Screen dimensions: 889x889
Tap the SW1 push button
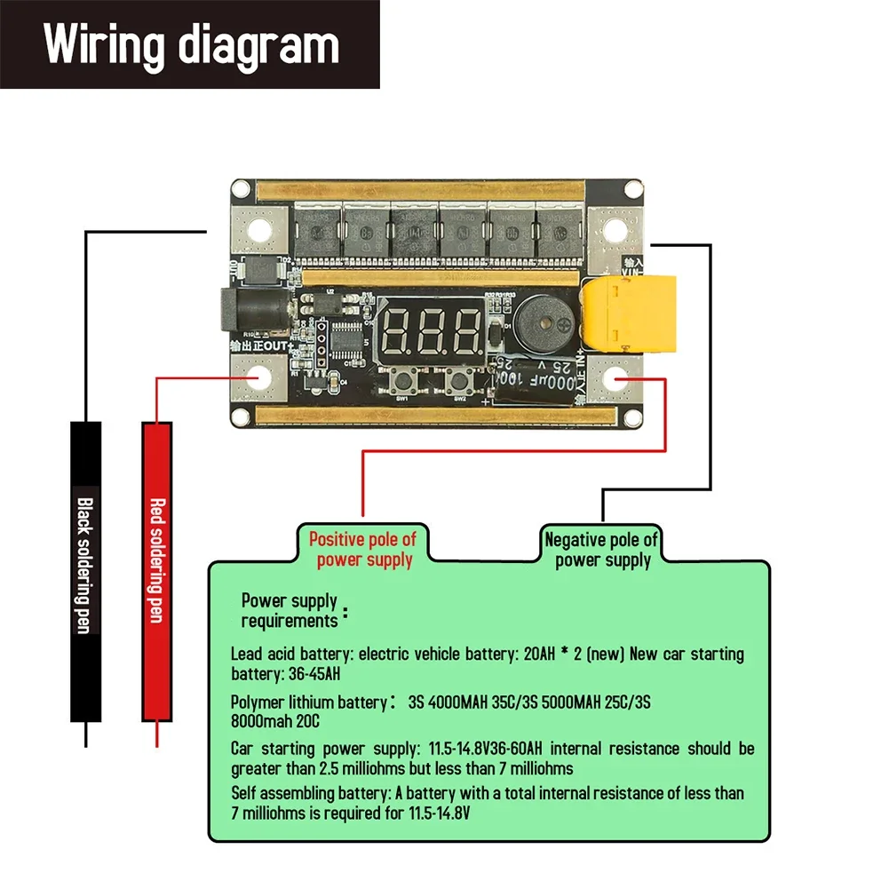click(402, 384)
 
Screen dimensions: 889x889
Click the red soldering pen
click(156, 571)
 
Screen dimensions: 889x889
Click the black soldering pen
click(85, 571)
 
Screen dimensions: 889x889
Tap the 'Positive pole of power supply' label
click(362, 550)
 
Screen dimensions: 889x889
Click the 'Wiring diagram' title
click(191, 44)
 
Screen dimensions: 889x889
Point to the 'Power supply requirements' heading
click(290, 610)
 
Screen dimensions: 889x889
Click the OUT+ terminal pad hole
click(259, 378)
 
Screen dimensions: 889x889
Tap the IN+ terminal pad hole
click(618, 380)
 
